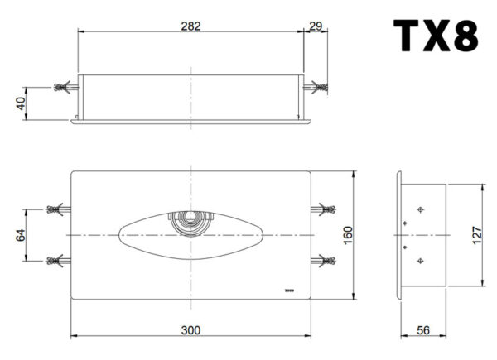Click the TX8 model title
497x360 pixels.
436,36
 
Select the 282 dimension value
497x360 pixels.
191,26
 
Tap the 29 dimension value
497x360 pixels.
316,26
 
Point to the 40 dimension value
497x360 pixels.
21,103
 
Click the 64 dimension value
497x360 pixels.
21,235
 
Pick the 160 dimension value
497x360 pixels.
348,235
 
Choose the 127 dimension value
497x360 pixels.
477,235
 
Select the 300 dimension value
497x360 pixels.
191,330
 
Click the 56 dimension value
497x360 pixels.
423,330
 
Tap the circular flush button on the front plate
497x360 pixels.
191,223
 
